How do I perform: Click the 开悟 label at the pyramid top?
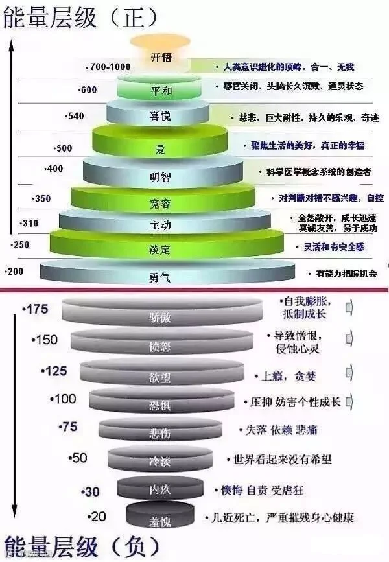point(160,57)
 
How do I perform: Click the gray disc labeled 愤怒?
point(160,346)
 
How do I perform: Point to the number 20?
point(98,516)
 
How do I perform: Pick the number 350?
point(41,198)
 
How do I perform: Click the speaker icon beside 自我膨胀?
point(350,307)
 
